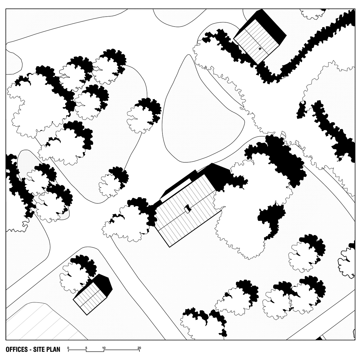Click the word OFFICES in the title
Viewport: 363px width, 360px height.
click(17, 349)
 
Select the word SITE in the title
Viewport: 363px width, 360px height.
click(39, 349)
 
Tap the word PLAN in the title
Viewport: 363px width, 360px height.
click(53, 349)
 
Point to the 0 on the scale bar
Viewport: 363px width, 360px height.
click(68, 348)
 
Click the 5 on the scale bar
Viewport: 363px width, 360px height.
click(86, 348)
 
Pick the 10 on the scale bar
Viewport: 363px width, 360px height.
click(104, 348)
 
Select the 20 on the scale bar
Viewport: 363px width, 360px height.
click(139, 348)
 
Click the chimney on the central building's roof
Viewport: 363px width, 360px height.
click(188, 209)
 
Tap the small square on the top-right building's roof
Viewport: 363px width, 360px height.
click(260, 49)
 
